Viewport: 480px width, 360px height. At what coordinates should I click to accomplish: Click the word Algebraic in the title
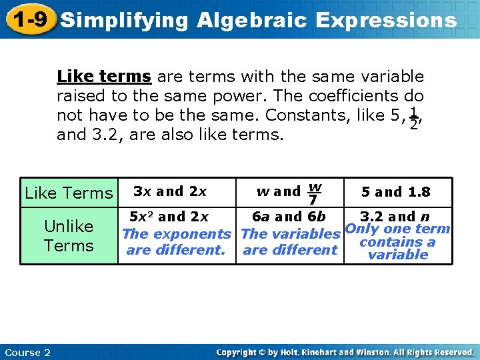pos(252,20)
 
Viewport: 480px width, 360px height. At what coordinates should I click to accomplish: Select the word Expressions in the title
pos(387,20)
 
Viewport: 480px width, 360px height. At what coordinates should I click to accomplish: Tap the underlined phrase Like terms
pos(103,77)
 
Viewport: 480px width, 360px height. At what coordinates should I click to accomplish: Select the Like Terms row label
pos(69,193)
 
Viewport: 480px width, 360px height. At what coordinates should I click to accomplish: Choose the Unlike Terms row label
pos(69,236)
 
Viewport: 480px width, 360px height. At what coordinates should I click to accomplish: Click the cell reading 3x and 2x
pos(170,191)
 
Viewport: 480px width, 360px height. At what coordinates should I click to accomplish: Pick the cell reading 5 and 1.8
pos(396,192)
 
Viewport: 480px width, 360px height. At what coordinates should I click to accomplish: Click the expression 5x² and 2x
pos(169,217)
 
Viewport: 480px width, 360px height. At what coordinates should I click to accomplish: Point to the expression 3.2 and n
pos(394,217)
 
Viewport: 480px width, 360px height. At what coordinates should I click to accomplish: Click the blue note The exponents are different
pos(176,242)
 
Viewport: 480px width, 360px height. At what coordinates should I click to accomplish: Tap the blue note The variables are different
pos(290,242)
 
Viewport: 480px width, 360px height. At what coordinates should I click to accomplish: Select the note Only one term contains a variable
pos(397,242)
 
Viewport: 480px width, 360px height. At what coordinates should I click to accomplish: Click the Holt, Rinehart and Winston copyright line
pos(345,353)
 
